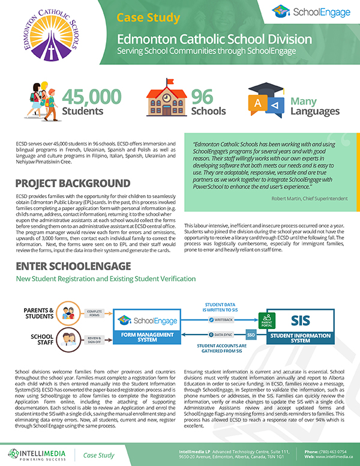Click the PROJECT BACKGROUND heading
[73, 183]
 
